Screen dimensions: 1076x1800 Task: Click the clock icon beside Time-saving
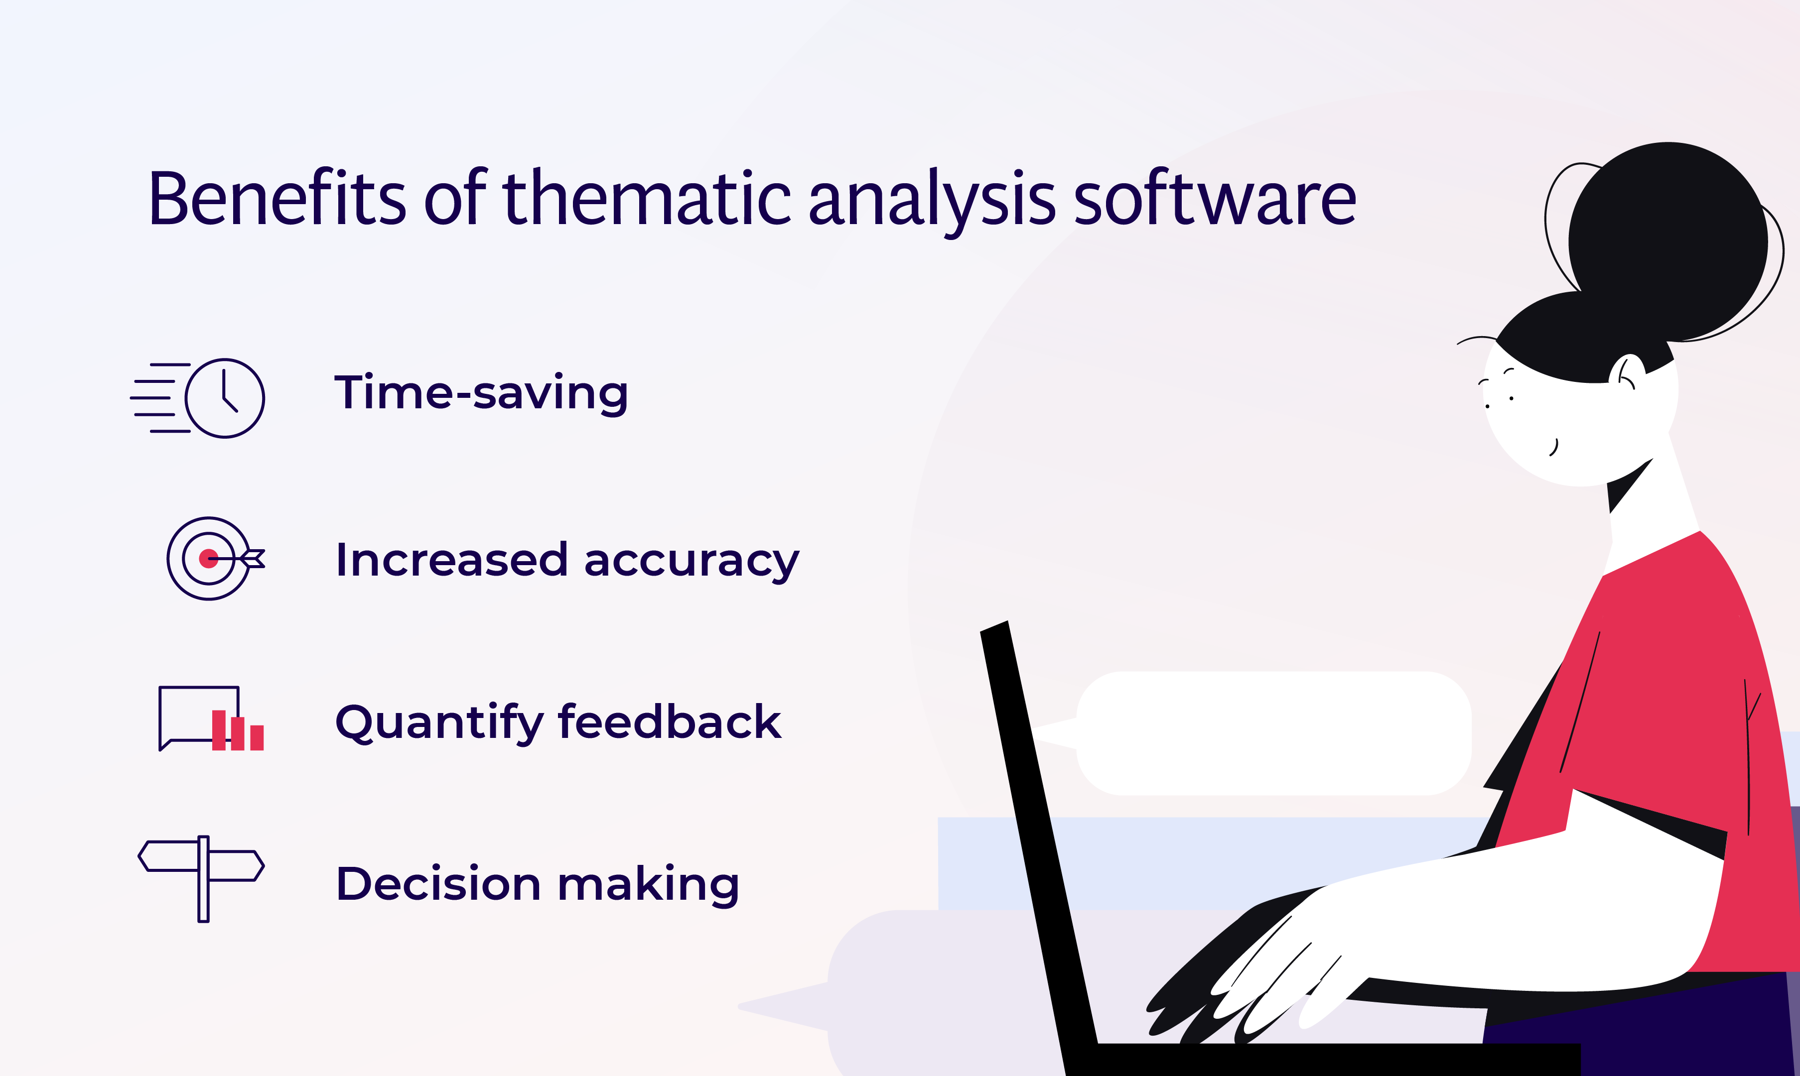(224, 398)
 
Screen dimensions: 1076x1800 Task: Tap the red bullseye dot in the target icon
(208, 558)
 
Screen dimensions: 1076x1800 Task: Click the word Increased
(451, 560)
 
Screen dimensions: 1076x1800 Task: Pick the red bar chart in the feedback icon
(237, 731)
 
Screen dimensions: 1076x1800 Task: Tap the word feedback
(669, 721)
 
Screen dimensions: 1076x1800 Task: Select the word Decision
(438, 884)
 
